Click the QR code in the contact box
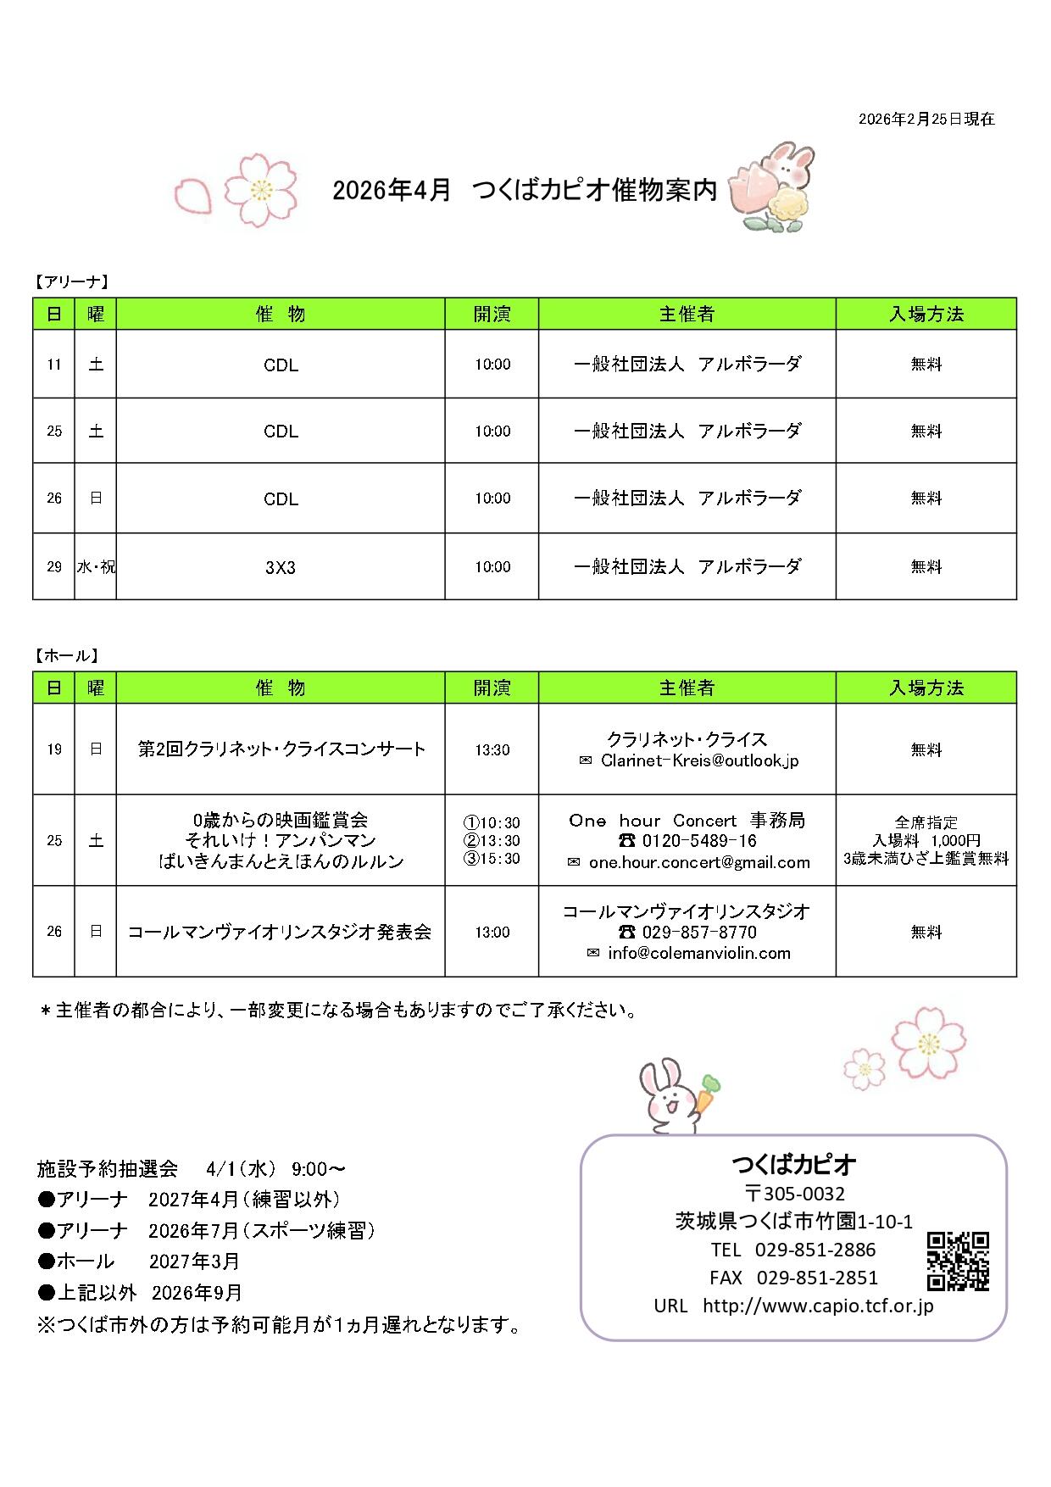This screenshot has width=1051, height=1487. pos(958,1261)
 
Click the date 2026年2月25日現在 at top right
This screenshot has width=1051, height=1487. pos(926,120)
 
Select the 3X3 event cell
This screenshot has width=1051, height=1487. pos(281,567)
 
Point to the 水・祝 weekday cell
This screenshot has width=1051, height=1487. pos(96,567)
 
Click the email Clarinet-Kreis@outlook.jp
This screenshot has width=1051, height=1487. pos(699,760)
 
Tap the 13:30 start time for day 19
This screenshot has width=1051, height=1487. pos(492,749)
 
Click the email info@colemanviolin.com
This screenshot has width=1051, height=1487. pos(698,953)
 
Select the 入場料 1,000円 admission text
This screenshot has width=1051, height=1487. pos(926,840)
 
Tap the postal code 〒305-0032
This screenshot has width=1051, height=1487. pos(794,1194)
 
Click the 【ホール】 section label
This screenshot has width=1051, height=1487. pos(68,655)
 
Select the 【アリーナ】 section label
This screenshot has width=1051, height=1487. pos(72,281)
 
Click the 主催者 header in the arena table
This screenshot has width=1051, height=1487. pos(687,315)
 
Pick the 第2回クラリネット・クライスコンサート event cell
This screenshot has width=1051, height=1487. pos(281,749)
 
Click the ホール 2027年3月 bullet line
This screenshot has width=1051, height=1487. pos(140,1261)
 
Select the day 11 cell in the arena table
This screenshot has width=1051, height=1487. pos(54,365)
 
